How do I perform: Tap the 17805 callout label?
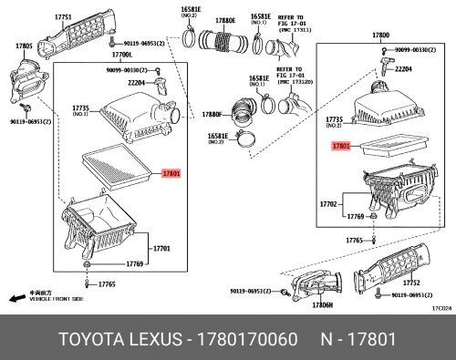(x=24, y=46)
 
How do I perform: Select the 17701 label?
(x=161, y=248)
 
